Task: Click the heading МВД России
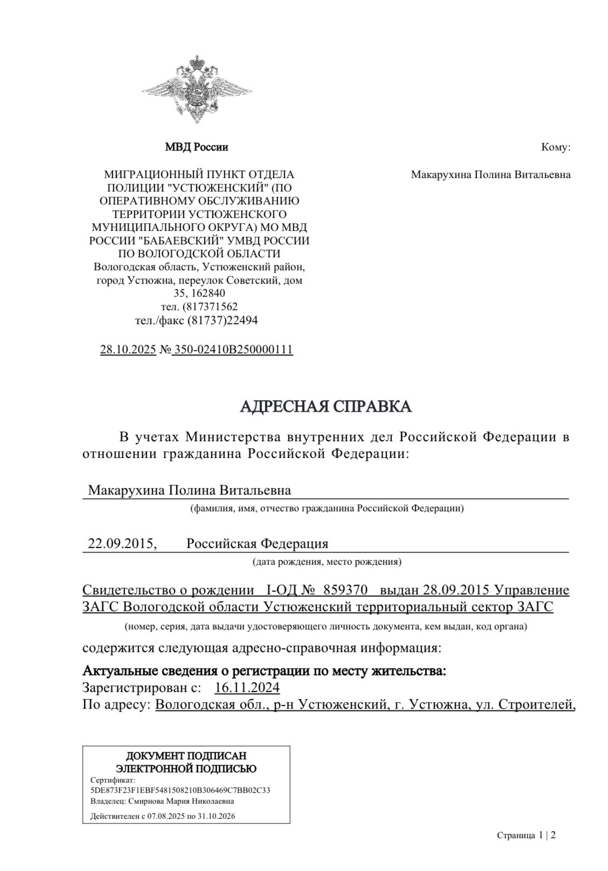point(196,147)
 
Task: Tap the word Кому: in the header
point(556,147)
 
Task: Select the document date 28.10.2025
point(128,349)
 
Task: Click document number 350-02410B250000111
point(233,349)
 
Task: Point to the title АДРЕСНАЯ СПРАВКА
point(326,407)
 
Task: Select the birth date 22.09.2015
point(122,544)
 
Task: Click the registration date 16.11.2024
point(247,688)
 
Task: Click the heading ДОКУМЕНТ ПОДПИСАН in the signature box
point(186,756)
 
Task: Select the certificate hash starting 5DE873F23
point(181,790)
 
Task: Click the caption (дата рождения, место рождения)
point(327,562)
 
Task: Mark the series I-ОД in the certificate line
point(279,589)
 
